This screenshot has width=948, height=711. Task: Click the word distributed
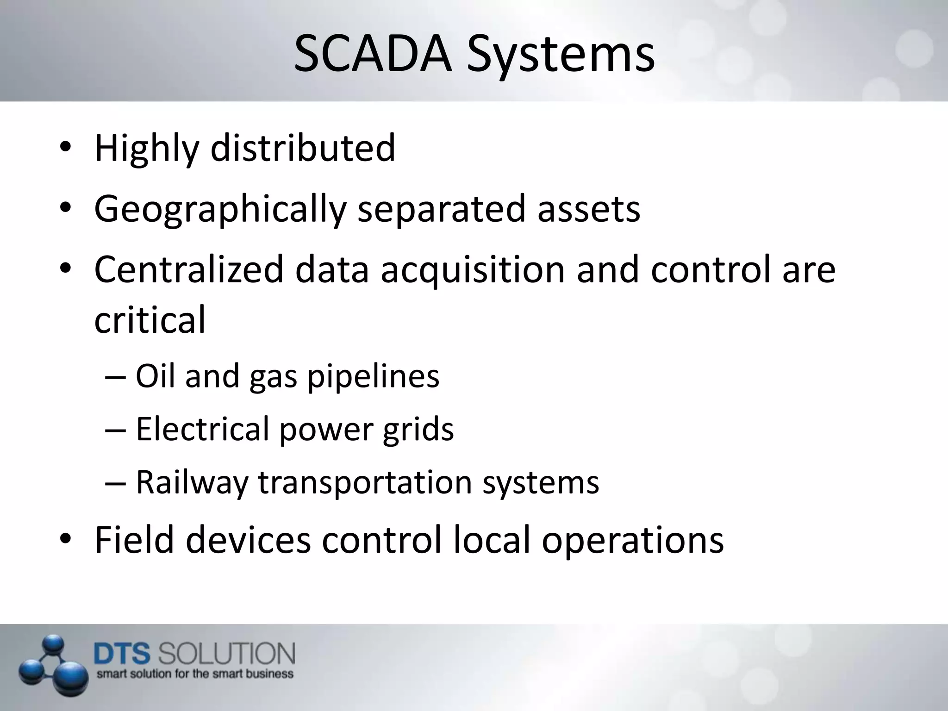[x=303, y=148]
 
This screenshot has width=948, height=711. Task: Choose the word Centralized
[x=189, y=269]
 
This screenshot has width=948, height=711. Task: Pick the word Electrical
[x=202, y=429]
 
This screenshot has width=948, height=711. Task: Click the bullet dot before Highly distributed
[x=65, y=148]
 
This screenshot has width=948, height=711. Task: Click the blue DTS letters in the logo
[x=122, y=654]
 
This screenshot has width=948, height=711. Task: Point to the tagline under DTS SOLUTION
[x=195, y=674]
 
